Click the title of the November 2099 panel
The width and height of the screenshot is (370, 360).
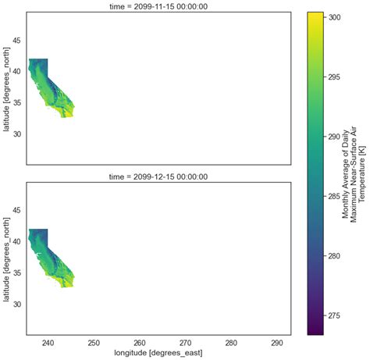point(158,6)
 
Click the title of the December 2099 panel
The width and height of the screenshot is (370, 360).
point(158,176)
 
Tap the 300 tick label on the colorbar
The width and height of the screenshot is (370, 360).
point(334,17)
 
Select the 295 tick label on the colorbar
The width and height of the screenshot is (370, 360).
point(334,77)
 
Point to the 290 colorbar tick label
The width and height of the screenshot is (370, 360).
point(334,137)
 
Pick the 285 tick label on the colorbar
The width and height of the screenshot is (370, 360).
point(334,196)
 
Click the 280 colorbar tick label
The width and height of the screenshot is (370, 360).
point(334,256)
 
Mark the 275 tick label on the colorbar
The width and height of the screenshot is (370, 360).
point(334,315)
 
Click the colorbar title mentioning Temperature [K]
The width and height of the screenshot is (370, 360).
point(354,173)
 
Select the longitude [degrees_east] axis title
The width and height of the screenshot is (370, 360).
point(158,353)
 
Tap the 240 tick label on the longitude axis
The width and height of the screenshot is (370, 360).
point(48,343)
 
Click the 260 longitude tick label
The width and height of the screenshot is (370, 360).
point(140,343)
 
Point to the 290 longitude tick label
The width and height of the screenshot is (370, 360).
point(277,343)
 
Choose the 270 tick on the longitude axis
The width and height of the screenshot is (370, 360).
point(185,343)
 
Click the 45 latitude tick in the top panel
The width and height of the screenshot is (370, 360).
point(16,41)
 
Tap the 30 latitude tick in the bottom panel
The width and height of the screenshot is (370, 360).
point(16,304)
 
